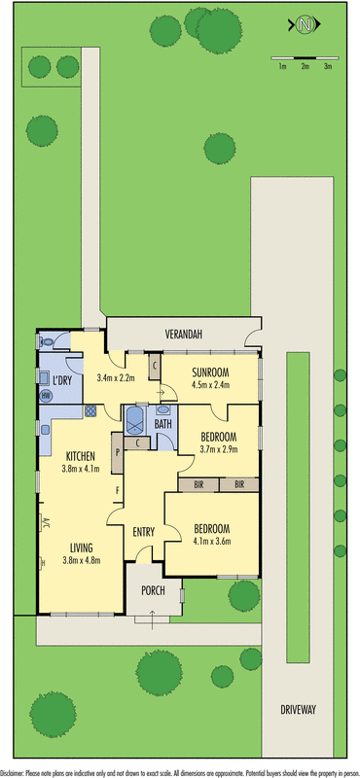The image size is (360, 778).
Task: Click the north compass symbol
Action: coord(305,24)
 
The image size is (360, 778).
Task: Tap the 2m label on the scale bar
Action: coord(305,66)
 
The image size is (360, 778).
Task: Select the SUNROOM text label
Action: coord(210,371)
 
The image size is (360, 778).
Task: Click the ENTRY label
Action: coord(146,531)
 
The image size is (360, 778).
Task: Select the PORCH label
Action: coord(153,589)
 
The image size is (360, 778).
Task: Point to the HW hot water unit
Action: coord(46,396)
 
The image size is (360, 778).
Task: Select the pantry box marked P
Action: coord(117,451)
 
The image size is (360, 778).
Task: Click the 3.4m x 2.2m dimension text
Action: coord(117,378)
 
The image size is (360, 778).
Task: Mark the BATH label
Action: coord(162,424)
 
